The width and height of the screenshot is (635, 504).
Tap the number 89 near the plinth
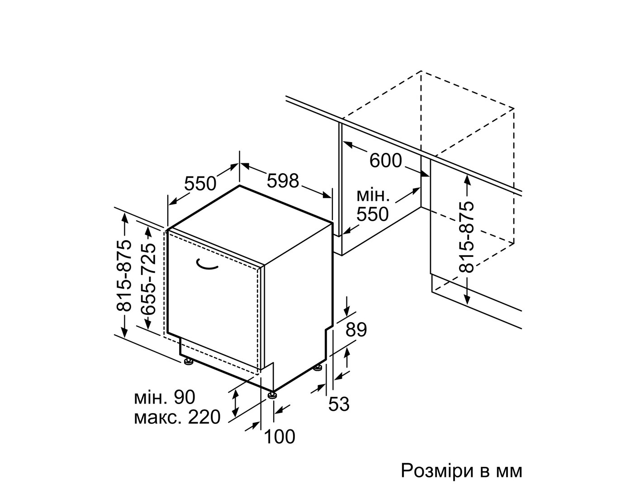356,329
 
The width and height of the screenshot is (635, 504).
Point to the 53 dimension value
339,404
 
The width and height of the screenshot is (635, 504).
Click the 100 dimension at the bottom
280,437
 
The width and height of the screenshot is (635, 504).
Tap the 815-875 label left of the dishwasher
124,276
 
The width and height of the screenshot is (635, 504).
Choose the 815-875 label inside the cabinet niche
466,237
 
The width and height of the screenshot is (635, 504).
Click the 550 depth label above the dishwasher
200,184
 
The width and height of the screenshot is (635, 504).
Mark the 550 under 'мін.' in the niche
372,214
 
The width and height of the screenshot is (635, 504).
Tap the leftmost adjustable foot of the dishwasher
188,361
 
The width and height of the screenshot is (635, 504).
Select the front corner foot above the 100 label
272,395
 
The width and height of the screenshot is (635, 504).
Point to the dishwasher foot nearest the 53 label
317,368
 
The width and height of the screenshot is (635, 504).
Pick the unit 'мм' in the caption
509,473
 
